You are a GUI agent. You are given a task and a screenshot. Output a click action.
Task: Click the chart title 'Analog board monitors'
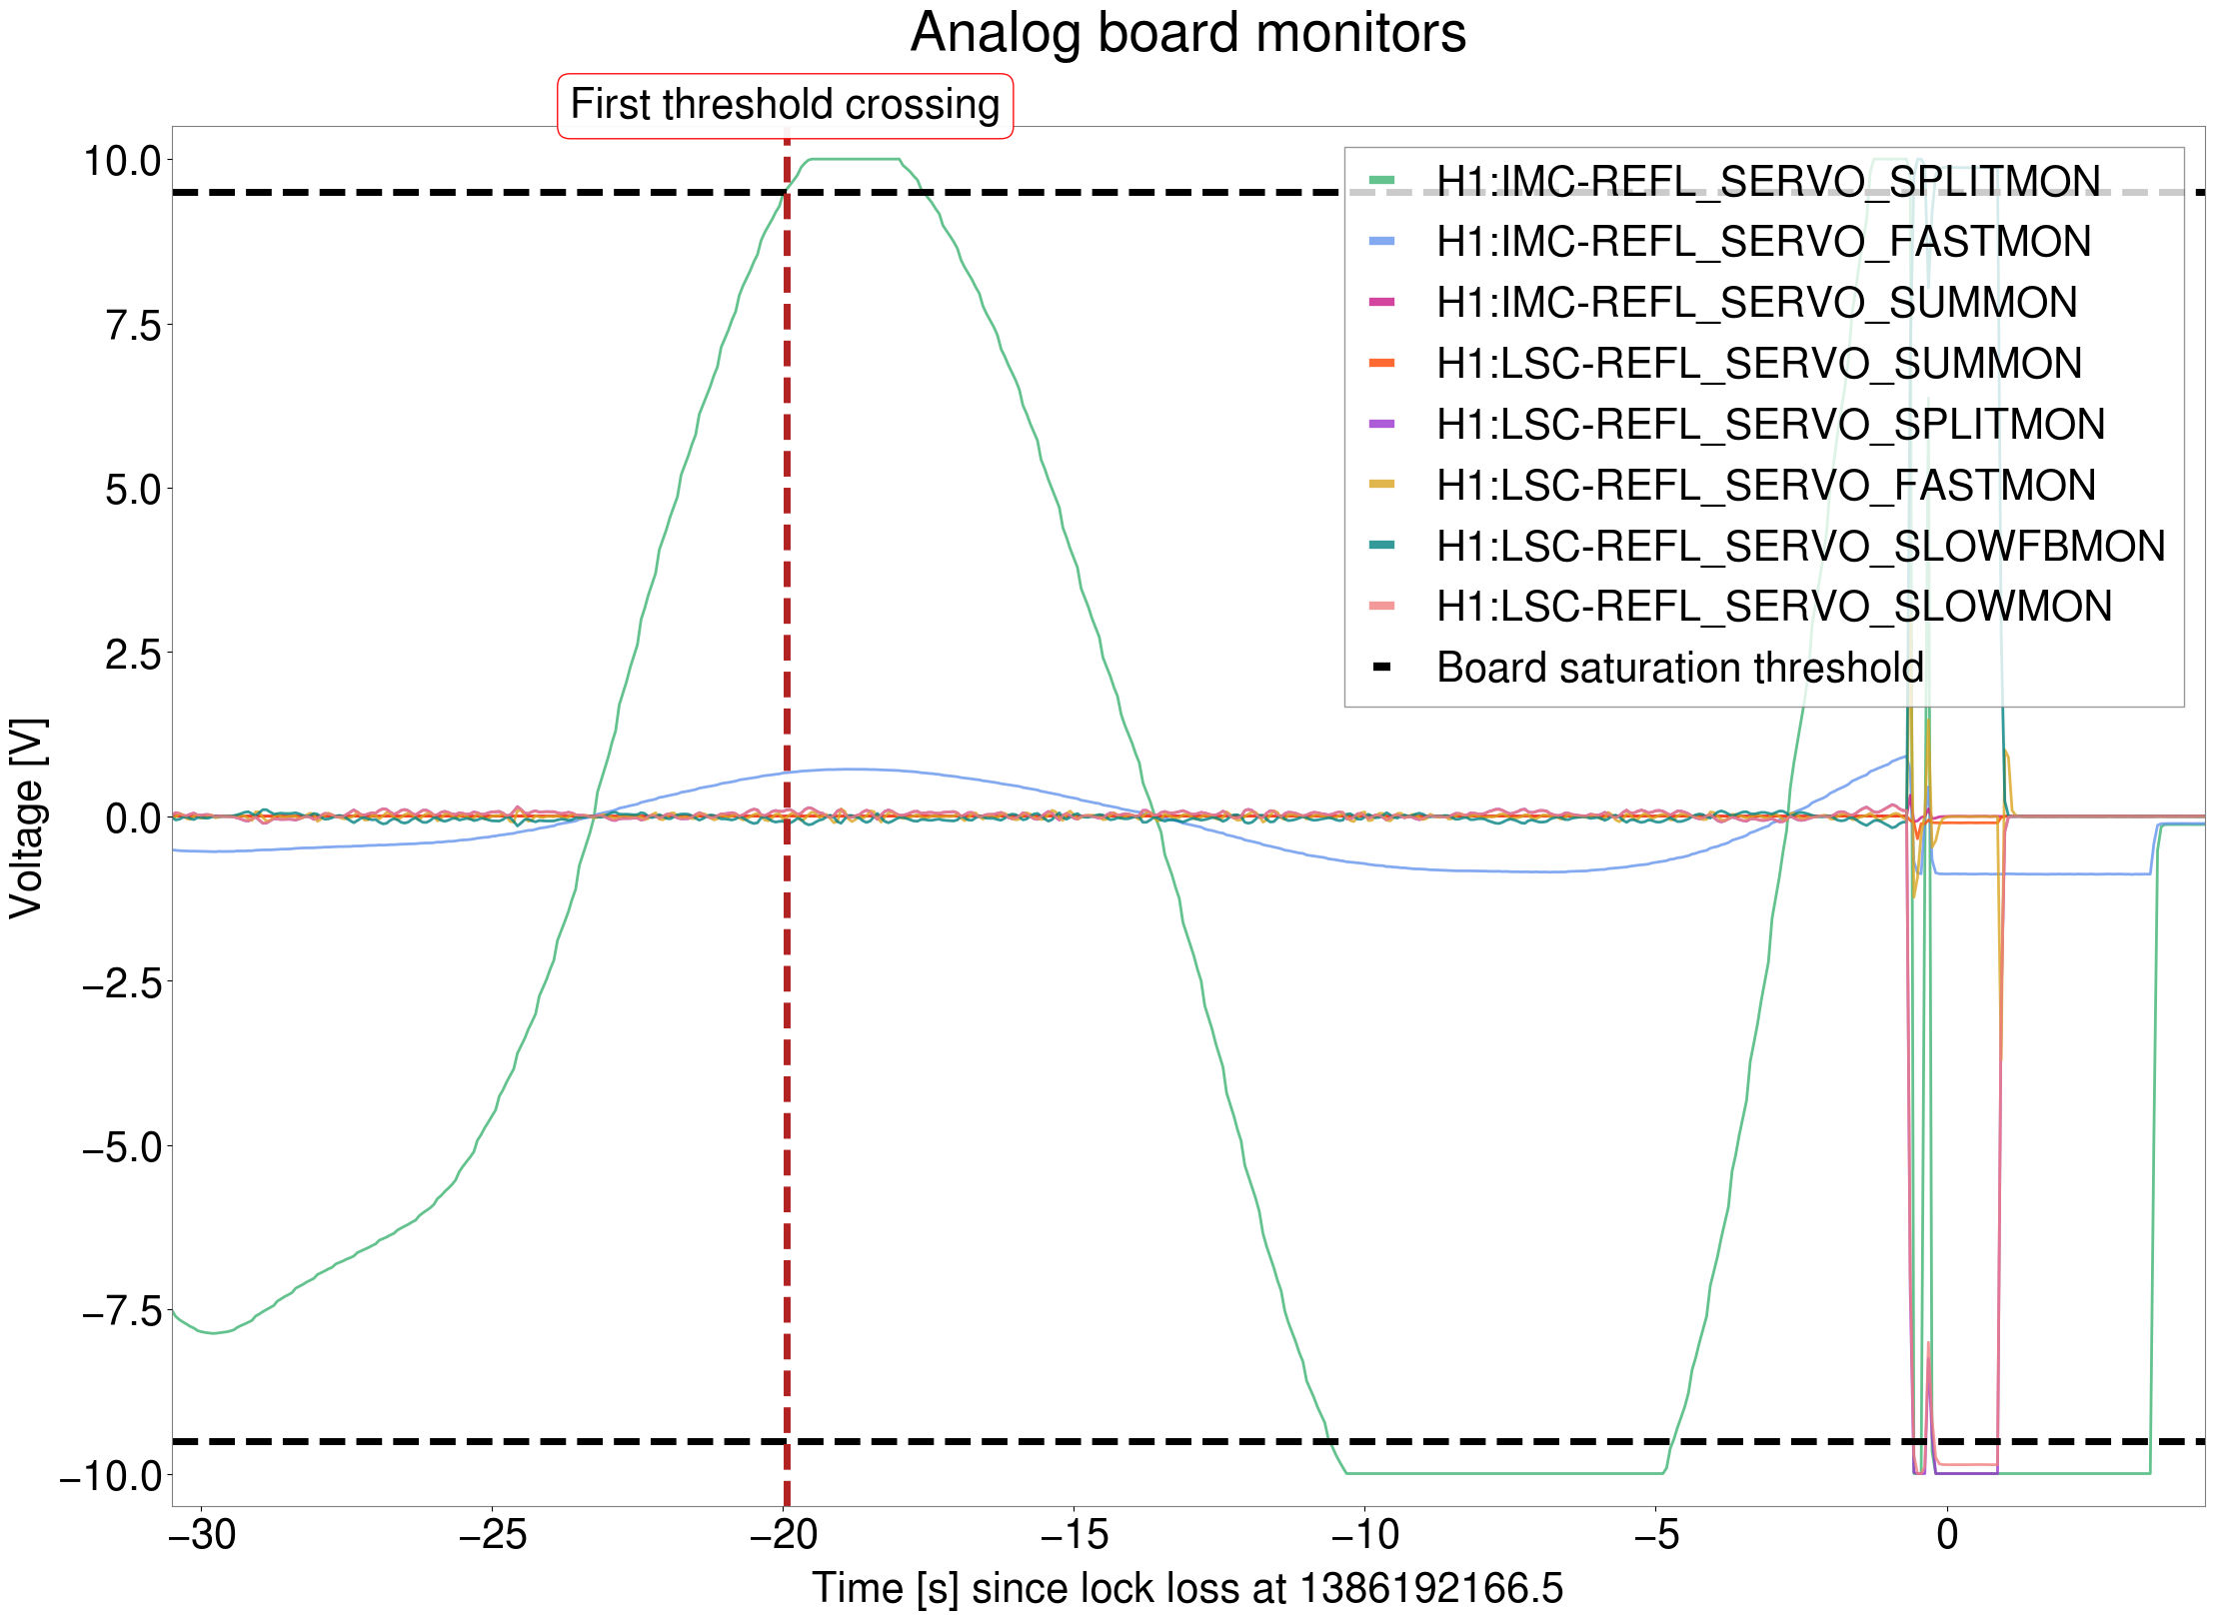[x=1187, y=33]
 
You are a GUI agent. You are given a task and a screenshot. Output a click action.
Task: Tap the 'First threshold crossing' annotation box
[x=785, y=105]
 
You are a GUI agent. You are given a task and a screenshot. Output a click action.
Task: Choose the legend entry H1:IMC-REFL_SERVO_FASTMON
[x=1763, y=242]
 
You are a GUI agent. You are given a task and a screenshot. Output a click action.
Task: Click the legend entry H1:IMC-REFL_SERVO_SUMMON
[x=1756, y=303]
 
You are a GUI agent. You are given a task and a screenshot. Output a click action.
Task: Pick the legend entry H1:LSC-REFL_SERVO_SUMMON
[x=1758, y=364]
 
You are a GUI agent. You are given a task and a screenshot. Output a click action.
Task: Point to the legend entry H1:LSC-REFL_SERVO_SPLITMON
[x=1770, y=425]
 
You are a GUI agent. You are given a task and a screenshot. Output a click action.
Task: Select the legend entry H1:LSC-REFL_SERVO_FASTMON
[x=1765, y=486]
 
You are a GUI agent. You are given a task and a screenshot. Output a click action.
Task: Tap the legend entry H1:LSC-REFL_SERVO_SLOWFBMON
[x=1800, y=547]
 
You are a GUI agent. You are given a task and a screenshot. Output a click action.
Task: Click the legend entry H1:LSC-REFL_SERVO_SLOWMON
[x=1774, y=607]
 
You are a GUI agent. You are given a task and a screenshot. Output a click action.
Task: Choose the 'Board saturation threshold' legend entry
[x=1679, y=668]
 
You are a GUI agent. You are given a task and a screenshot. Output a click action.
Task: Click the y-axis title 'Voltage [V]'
[x=27, y=817]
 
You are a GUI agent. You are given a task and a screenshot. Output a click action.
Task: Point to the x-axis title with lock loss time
[x=1187, y=1588]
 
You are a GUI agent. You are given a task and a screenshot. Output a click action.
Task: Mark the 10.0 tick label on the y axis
[x=122, y=160]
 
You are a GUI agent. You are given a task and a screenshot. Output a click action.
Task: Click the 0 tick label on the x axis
[x=1947, y=1534]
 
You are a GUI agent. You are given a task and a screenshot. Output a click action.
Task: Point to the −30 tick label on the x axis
[x=202, y=1534]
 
